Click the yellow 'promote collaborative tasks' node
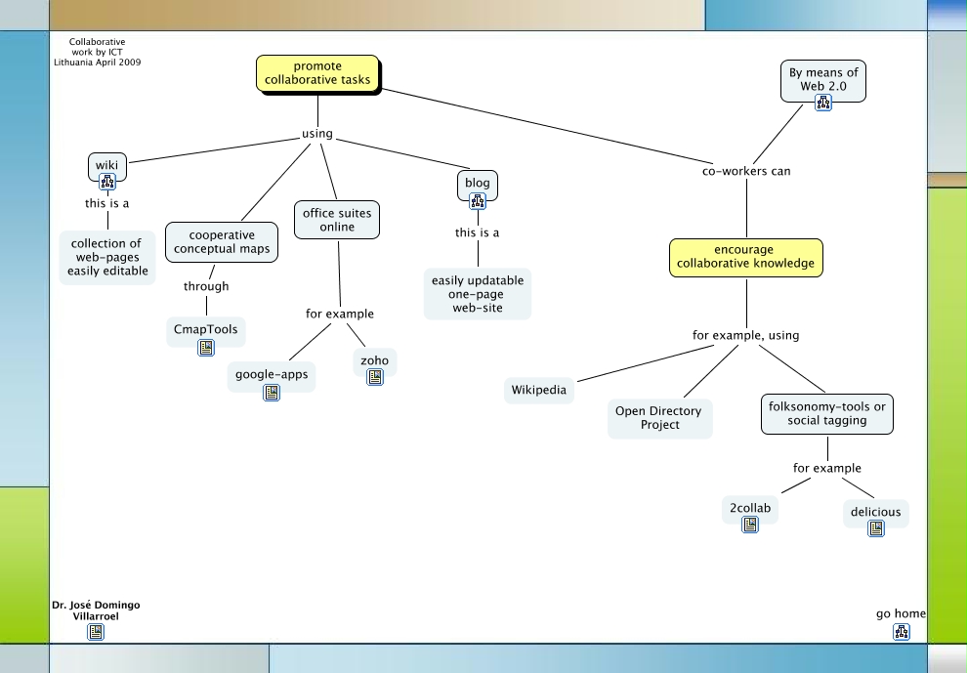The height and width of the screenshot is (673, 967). (317, 73)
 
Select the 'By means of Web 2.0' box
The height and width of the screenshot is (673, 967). (823, 79)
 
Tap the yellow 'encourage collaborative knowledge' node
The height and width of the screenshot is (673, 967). (746, 257)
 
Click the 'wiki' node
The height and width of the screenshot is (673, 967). (106, 166)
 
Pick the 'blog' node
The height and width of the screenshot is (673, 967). (478, 183)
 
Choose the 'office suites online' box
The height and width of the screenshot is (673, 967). (337, 220)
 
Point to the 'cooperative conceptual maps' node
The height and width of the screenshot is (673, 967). (222, 242)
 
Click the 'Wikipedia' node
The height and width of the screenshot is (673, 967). (539, 390)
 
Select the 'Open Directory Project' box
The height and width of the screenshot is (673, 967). (659, 418)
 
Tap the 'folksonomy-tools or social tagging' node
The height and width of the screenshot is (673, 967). (826, 414)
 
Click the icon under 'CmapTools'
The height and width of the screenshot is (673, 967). (206, 348)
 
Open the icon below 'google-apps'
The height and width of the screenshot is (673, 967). (272, 393)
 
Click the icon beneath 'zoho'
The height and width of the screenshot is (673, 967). (375, 378)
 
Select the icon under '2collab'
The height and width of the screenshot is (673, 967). (750, 525)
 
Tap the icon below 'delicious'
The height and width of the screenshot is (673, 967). (876, 528)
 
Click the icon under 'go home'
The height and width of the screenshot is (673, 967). (901, 632)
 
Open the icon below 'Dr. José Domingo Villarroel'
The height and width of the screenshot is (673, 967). (96, 632)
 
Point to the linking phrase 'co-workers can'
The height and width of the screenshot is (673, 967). (746, 171)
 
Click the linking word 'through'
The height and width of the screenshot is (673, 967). (206, 286)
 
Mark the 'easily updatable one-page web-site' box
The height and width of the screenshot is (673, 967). (478, 294)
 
